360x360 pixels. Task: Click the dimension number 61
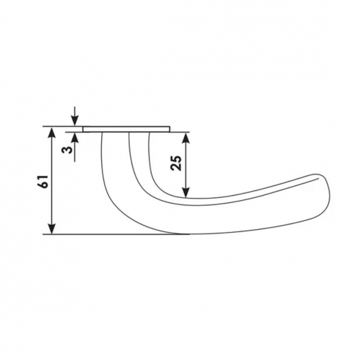coord(43,181)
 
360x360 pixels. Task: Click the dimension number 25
coord(176,163)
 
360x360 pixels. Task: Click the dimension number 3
coord(67,150)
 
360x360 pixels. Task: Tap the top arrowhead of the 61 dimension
coord(53,133)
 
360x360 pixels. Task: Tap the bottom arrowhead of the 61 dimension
coord(53,228)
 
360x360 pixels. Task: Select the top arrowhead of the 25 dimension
coord(186,138)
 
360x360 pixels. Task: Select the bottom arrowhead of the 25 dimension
coord(186,192)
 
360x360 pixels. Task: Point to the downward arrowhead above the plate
coord(75,120)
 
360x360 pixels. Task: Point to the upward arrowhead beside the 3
coord(75,138)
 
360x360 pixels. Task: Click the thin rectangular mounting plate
coord(127,129)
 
